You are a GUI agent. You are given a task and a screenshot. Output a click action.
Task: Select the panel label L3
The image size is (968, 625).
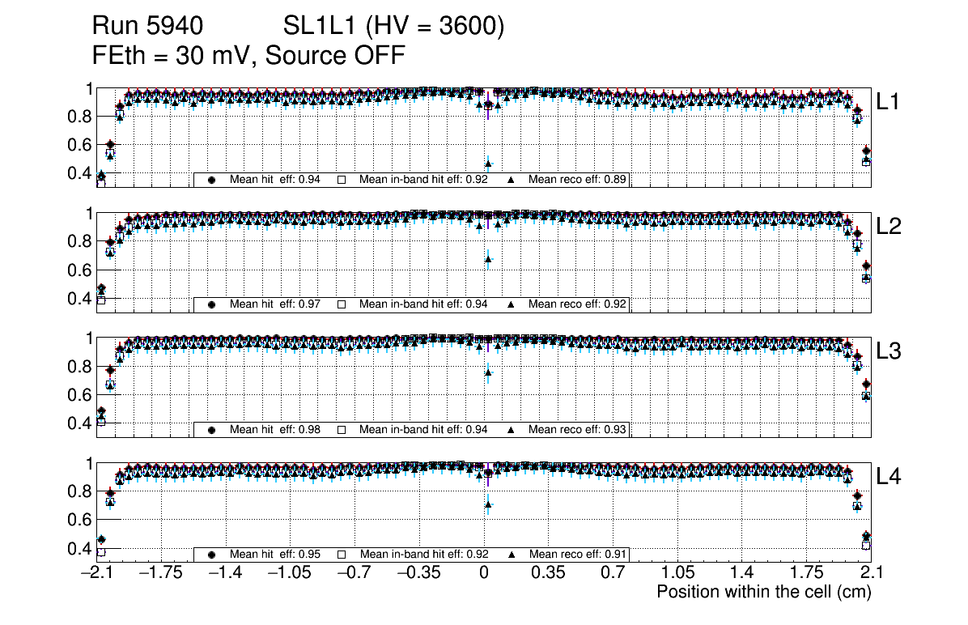(x=889, y=351)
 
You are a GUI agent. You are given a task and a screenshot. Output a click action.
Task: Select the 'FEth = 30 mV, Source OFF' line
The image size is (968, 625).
(x=248, y=55)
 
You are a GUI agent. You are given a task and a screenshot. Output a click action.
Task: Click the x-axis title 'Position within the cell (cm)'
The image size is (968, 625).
(x=763, y=592)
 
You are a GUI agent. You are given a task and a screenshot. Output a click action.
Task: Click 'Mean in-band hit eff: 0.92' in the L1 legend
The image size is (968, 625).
(x=422, y=180)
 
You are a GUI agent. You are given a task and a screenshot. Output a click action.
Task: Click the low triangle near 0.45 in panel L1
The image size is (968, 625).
(x=488, y=164)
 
